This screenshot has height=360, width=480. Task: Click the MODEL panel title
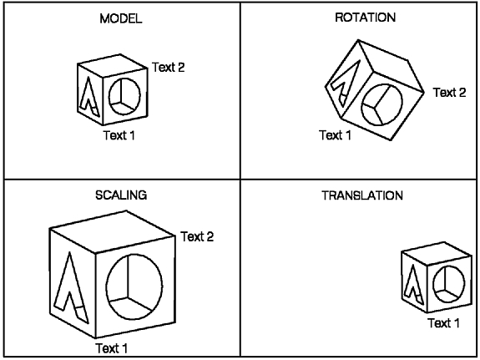[x=121, y=18]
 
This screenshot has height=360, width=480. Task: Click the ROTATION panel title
[x=365, y=18]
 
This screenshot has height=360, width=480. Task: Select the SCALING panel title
[x=121, y=195]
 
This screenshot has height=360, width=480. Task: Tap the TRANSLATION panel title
[x=362, y=195]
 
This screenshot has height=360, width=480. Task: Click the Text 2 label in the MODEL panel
[x=169, y=67]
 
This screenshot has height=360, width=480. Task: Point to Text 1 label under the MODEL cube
[x=119, y=135]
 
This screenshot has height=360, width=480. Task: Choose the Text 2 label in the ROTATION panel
[x=449, y=92]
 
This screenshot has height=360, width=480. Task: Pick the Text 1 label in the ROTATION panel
[x=335, y=134]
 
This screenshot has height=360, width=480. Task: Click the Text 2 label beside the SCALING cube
[x=197, y=236]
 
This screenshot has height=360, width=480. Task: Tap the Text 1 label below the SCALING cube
[x=111, y=348]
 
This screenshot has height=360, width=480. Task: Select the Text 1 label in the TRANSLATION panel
[x=443, y=323]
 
